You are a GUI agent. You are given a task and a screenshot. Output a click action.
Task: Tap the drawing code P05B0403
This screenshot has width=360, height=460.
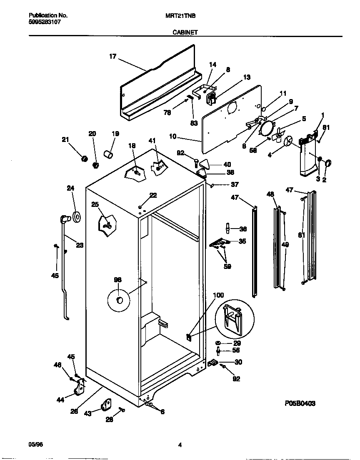tap(300, 403)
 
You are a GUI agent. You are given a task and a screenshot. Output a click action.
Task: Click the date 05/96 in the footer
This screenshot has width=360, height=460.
tap(36, 444)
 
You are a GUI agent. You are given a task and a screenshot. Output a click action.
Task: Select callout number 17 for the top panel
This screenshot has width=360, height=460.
tap(113, 57)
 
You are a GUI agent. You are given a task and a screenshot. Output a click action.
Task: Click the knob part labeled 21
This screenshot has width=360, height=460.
tap(84, 159)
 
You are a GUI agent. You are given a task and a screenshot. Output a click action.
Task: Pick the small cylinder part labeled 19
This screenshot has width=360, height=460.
tap(109, 154)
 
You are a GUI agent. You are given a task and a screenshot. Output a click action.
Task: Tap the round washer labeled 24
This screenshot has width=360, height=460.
tap(76, 216)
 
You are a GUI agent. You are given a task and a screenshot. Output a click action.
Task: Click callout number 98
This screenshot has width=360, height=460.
tap(118, 280)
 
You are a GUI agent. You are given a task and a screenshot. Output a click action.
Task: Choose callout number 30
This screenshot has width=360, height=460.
tap(238, 362)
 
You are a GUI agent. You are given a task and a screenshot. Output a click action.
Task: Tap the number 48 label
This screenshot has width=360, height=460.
tap(270, 194)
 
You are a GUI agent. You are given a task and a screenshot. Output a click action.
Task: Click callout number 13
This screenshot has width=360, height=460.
tap(247, 77)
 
